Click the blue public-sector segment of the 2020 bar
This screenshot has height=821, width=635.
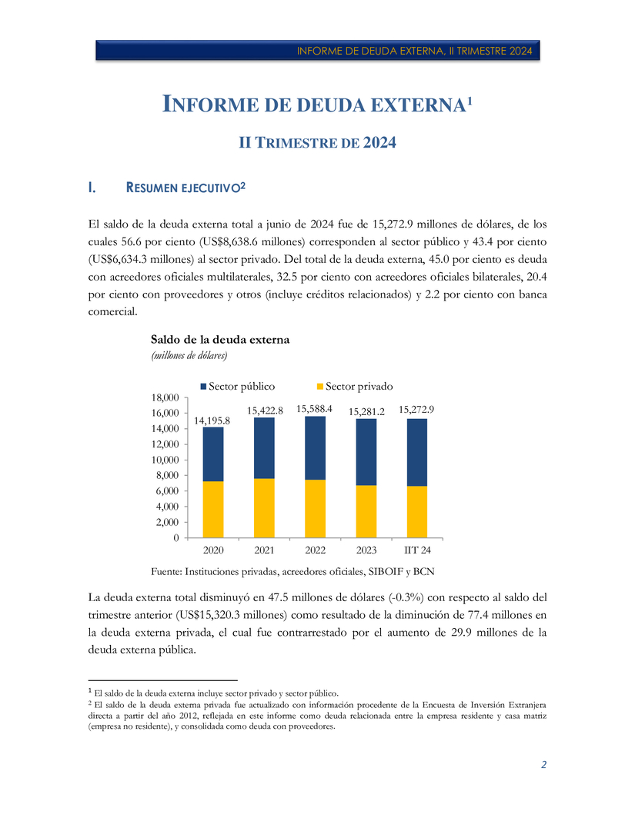click(213, 454)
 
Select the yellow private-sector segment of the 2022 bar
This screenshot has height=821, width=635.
click(315, 508)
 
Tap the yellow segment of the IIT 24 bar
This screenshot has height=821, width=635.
click(416, 511)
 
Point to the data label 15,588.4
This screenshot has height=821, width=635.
click(314, 409)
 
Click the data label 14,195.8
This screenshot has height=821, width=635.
click(212, 420)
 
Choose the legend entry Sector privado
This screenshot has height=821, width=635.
click(354, 387)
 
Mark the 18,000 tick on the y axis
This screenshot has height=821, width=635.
click(165, 397)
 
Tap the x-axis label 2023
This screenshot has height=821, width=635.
click(366, 550)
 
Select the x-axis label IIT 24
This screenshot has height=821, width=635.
click(416, 550)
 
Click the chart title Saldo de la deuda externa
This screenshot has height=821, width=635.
click(219, 340)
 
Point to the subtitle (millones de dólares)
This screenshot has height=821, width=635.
click(189, 355)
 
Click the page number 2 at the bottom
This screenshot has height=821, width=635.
click(543, 765)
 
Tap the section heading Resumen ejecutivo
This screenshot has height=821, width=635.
click(185, 187)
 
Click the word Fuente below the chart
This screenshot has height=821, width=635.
click(167, 571)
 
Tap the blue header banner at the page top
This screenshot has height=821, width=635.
click(317, 51)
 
